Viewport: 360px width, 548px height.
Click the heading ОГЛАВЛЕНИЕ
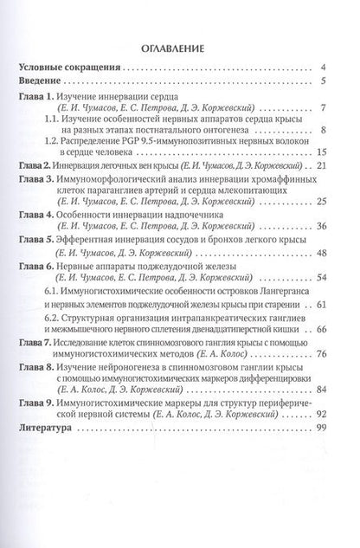coord(179,48)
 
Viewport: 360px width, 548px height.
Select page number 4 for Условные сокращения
coord(321,68)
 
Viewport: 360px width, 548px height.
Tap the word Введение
coord(45,82)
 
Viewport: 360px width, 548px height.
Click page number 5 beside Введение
coord(321,82)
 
